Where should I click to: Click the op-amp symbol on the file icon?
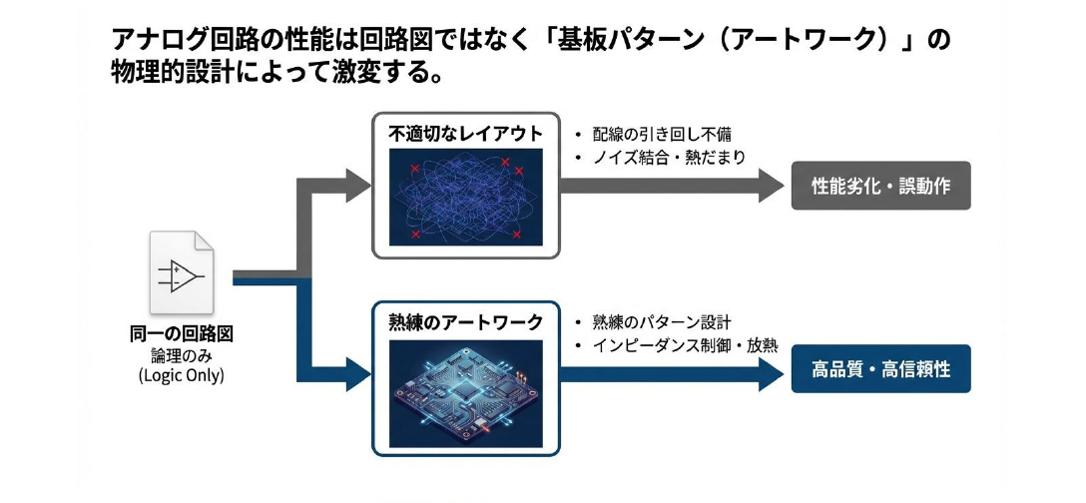click(x=182, y=274)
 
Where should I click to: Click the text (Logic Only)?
click(x=182, y=376)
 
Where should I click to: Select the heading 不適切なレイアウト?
click(x=465, y=134)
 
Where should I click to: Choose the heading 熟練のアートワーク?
click(x=465, y=322)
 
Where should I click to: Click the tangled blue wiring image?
click(x=465, y=198)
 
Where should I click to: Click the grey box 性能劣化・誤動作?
click(x=880, y=186)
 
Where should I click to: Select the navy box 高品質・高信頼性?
click(x=880, y=370)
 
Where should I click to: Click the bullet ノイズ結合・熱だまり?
click(x=667, y=158)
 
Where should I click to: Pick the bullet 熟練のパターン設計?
click(x=660, y=322)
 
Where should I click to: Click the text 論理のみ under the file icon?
click(x=182, y=355)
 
